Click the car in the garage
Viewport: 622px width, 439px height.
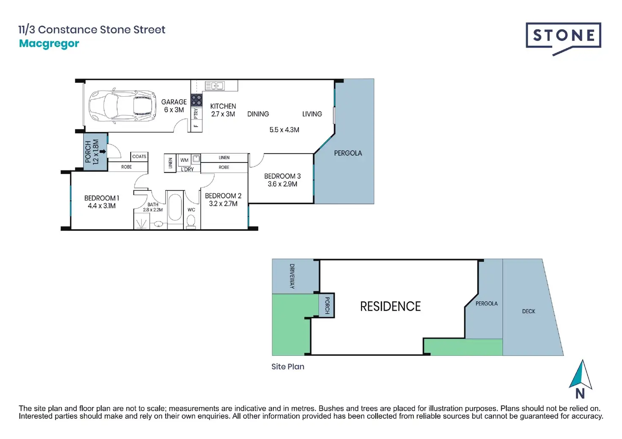pos(122,105)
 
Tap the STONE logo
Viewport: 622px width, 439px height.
pos(563,37)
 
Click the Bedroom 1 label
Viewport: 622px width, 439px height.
pos(101,198)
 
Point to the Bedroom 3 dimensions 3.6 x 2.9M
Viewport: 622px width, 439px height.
pos(282,184)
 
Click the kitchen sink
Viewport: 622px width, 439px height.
pos(215,86)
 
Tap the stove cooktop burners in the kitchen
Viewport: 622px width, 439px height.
pos(196,100)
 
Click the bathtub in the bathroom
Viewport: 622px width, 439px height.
pos(175,206)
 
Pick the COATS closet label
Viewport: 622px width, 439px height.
pos(139,157)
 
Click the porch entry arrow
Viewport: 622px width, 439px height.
pos(103,151)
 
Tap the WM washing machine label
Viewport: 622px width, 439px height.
pos(184,160)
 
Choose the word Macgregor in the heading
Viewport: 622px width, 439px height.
pos(49,43)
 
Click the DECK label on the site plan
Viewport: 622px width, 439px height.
pos(528,312)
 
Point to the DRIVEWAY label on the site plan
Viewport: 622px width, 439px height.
pos(292,276)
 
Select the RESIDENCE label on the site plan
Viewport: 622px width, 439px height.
pos(390,306)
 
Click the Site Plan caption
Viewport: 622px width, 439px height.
pos(288,367)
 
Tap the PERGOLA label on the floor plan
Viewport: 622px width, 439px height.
pos(348,153)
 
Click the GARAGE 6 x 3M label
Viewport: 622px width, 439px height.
pos(174,106)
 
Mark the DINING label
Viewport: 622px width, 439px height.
pos(258,114)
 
